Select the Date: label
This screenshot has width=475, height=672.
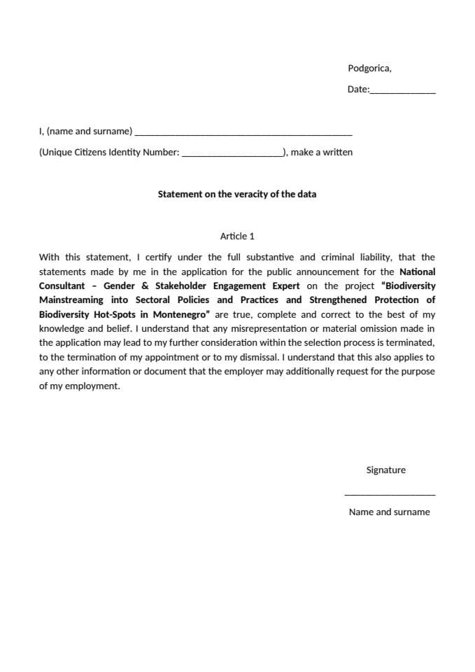click(x=358, y=90)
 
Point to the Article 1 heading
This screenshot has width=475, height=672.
click(x=237, y=236)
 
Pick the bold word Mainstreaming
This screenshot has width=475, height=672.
click(x=70, y=300)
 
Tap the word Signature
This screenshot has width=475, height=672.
click(x=385, y=470)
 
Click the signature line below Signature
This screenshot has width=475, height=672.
click(x=390, y=494)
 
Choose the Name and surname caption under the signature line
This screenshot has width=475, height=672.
click(x=389, y=512)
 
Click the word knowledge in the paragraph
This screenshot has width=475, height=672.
click(x=60, y=328)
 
